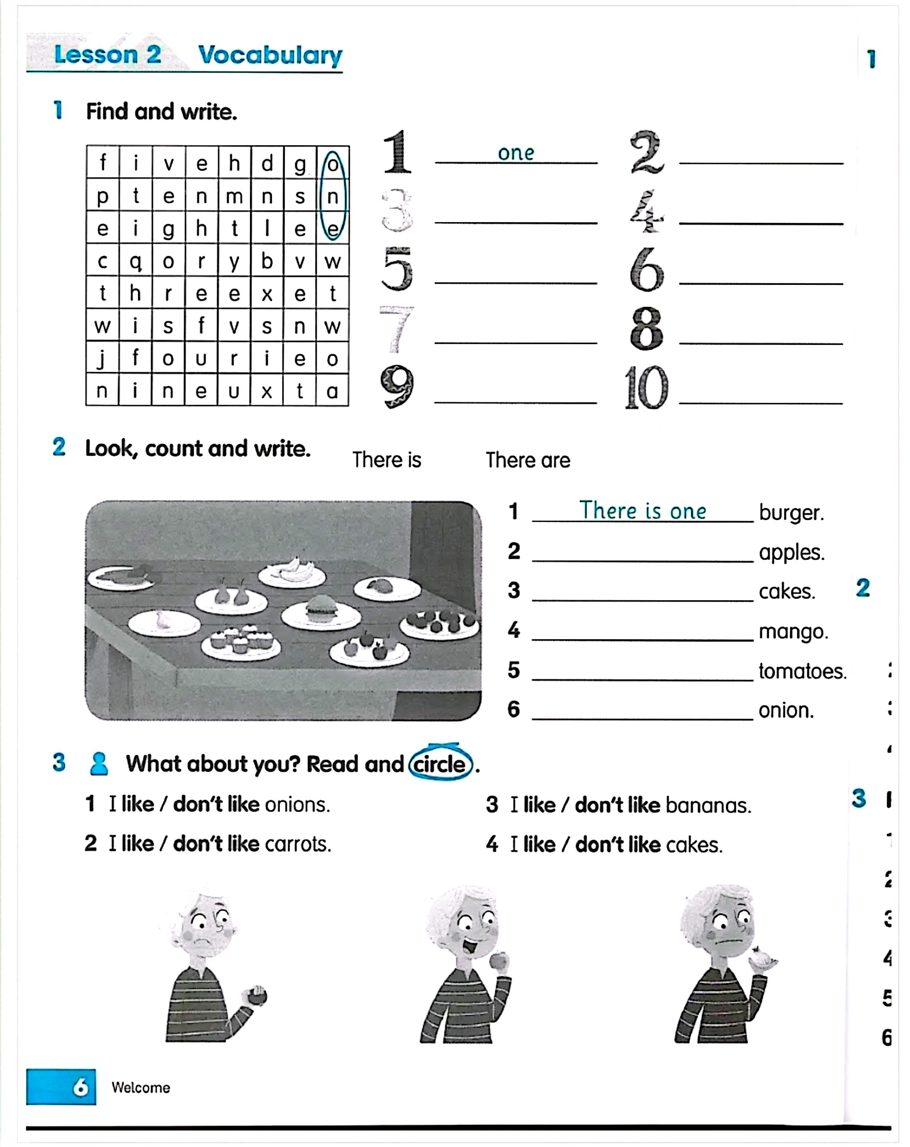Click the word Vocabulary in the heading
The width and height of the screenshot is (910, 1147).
(x=270, y=55)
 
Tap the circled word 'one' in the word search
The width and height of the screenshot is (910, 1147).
(x=333, y=196)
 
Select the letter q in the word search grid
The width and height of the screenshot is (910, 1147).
(x=136, y=261)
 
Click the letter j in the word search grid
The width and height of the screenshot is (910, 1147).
(x=102, y=359)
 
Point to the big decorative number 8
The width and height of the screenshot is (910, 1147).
(x=646, y=329)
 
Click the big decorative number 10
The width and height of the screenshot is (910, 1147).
(x=646, y=388)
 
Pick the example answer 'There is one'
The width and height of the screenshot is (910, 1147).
(x=642, y=511)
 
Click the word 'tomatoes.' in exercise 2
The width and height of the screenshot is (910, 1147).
(x=802, y=671)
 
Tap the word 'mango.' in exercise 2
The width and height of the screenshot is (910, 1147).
(x=793, y=632)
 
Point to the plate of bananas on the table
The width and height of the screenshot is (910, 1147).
(x=292, y=571)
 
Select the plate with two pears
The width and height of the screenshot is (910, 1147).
(x=231, y=597)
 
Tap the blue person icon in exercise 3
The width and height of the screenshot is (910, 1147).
(x=99, y=764)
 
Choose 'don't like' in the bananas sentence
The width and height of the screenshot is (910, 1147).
(x=617, y=805)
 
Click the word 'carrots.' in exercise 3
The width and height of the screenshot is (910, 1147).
(x=298, y=844)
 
